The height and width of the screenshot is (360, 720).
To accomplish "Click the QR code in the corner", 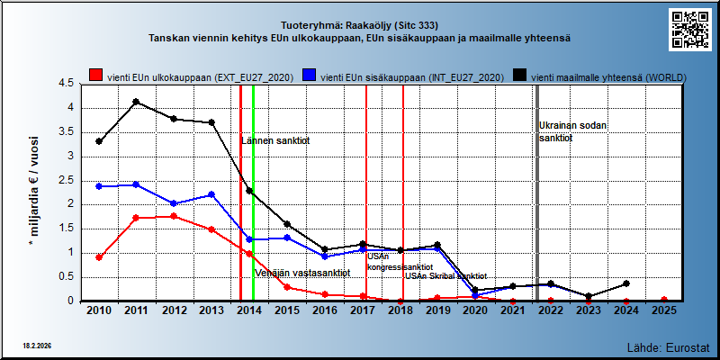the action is click(690, 30).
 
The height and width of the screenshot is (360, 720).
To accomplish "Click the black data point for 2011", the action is click(137, 102).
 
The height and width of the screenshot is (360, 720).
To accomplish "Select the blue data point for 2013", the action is click(211, 194).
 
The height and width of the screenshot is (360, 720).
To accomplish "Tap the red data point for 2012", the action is click(174, 216).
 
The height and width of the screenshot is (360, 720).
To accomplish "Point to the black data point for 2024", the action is click(626, 283).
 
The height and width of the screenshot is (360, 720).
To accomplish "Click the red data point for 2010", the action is click(99, 257).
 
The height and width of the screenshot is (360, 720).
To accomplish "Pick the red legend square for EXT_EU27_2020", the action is click(95, 76).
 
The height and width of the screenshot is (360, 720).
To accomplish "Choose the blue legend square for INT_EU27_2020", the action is click(309, 76).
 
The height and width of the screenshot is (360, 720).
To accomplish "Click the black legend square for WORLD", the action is click(519, 76).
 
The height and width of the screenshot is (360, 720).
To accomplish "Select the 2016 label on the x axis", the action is click(325, 310).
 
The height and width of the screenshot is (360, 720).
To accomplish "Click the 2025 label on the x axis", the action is click(664, 310).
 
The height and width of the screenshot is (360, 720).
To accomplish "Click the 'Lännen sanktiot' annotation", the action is click(275, 141).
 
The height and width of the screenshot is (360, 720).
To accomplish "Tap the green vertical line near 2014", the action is click(254, 193).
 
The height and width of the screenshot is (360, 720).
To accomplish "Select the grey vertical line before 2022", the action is click(537, 193).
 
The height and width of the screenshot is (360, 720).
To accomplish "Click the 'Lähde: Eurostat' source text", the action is click(669, 346).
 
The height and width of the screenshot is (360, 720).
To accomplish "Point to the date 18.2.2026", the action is click(37, 345).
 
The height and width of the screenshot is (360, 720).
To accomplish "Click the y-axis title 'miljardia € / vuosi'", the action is click(33, 186).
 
